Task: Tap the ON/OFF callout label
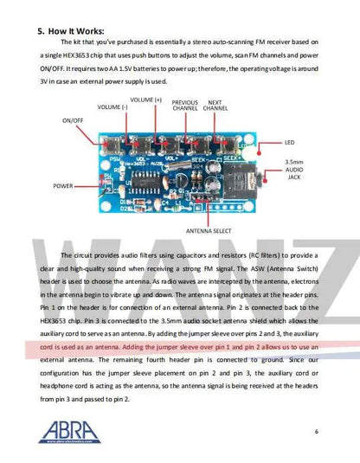point(72,121)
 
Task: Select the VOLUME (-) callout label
point(112,107)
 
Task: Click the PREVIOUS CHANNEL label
point(184,106)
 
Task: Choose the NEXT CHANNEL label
point(216,106)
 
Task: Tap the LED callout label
point(289,142)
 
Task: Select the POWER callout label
point(62,186)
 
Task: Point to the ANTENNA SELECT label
point(208,231)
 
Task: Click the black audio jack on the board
point(246,178)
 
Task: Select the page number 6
point(317,431)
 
